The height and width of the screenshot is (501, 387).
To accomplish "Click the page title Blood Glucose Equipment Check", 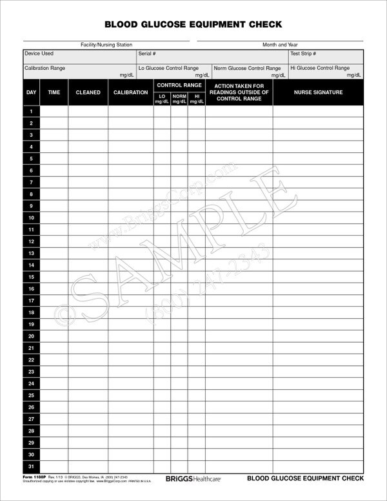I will click(x=193, y=25).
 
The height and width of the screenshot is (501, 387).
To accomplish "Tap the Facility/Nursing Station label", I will click(x=106, y=45).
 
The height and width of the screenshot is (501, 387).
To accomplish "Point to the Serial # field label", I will click(x=147, y=54).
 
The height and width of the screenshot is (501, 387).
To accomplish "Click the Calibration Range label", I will click(x=45, y=68).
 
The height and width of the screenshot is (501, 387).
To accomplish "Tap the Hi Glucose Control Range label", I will click(x=320, y=68).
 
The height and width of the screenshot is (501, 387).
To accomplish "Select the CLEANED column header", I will click(x=88, y=93).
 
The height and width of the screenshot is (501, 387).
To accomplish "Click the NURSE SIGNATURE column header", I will click(x=318, y=93).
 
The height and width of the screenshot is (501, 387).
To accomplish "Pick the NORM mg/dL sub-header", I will click(x=179, y=99).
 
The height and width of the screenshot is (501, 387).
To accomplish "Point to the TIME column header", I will click(x=54, y=93).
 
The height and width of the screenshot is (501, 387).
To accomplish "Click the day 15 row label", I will click(x=31, y=277).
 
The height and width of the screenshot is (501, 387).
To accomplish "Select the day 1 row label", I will click(x=31, y=111).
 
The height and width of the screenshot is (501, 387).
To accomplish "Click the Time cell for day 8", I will click(x=54, y=194).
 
